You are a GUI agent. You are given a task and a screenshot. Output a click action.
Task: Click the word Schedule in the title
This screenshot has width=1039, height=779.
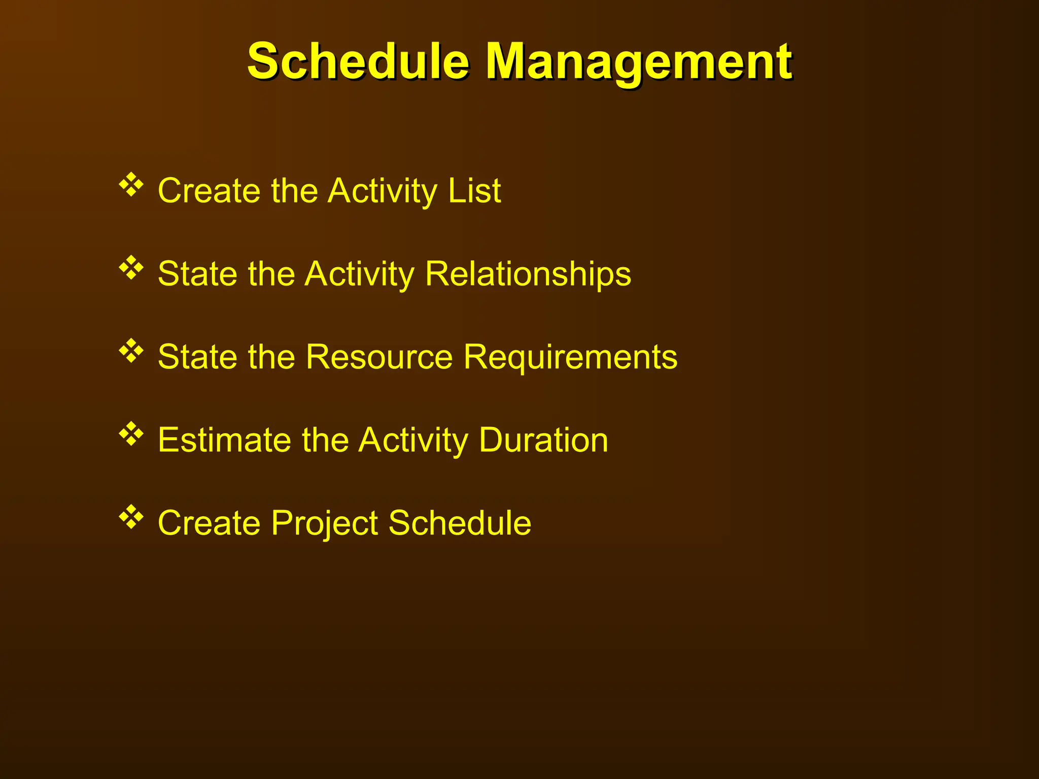click(358, 62)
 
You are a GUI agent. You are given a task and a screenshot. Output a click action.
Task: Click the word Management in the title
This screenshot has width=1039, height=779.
click(639, 62)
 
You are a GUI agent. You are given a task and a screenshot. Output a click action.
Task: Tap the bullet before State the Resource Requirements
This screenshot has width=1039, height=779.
click(131, 351)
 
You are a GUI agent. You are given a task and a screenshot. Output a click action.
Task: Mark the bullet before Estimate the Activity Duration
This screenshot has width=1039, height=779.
click(131, 434)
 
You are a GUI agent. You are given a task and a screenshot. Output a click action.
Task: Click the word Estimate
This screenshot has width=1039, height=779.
click(224, 440)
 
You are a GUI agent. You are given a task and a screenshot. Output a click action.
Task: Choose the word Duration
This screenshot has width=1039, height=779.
click(543, 440)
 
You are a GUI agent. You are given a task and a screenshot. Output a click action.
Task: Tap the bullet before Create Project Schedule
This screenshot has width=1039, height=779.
click(131, 517)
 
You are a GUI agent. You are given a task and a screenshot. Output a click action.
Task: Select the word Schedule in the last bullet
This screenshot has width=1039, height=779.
click(460, 523)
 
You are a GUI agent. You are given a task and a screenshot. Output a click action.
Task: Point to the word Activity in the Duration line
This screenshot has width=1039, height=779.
click(413, 440)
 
